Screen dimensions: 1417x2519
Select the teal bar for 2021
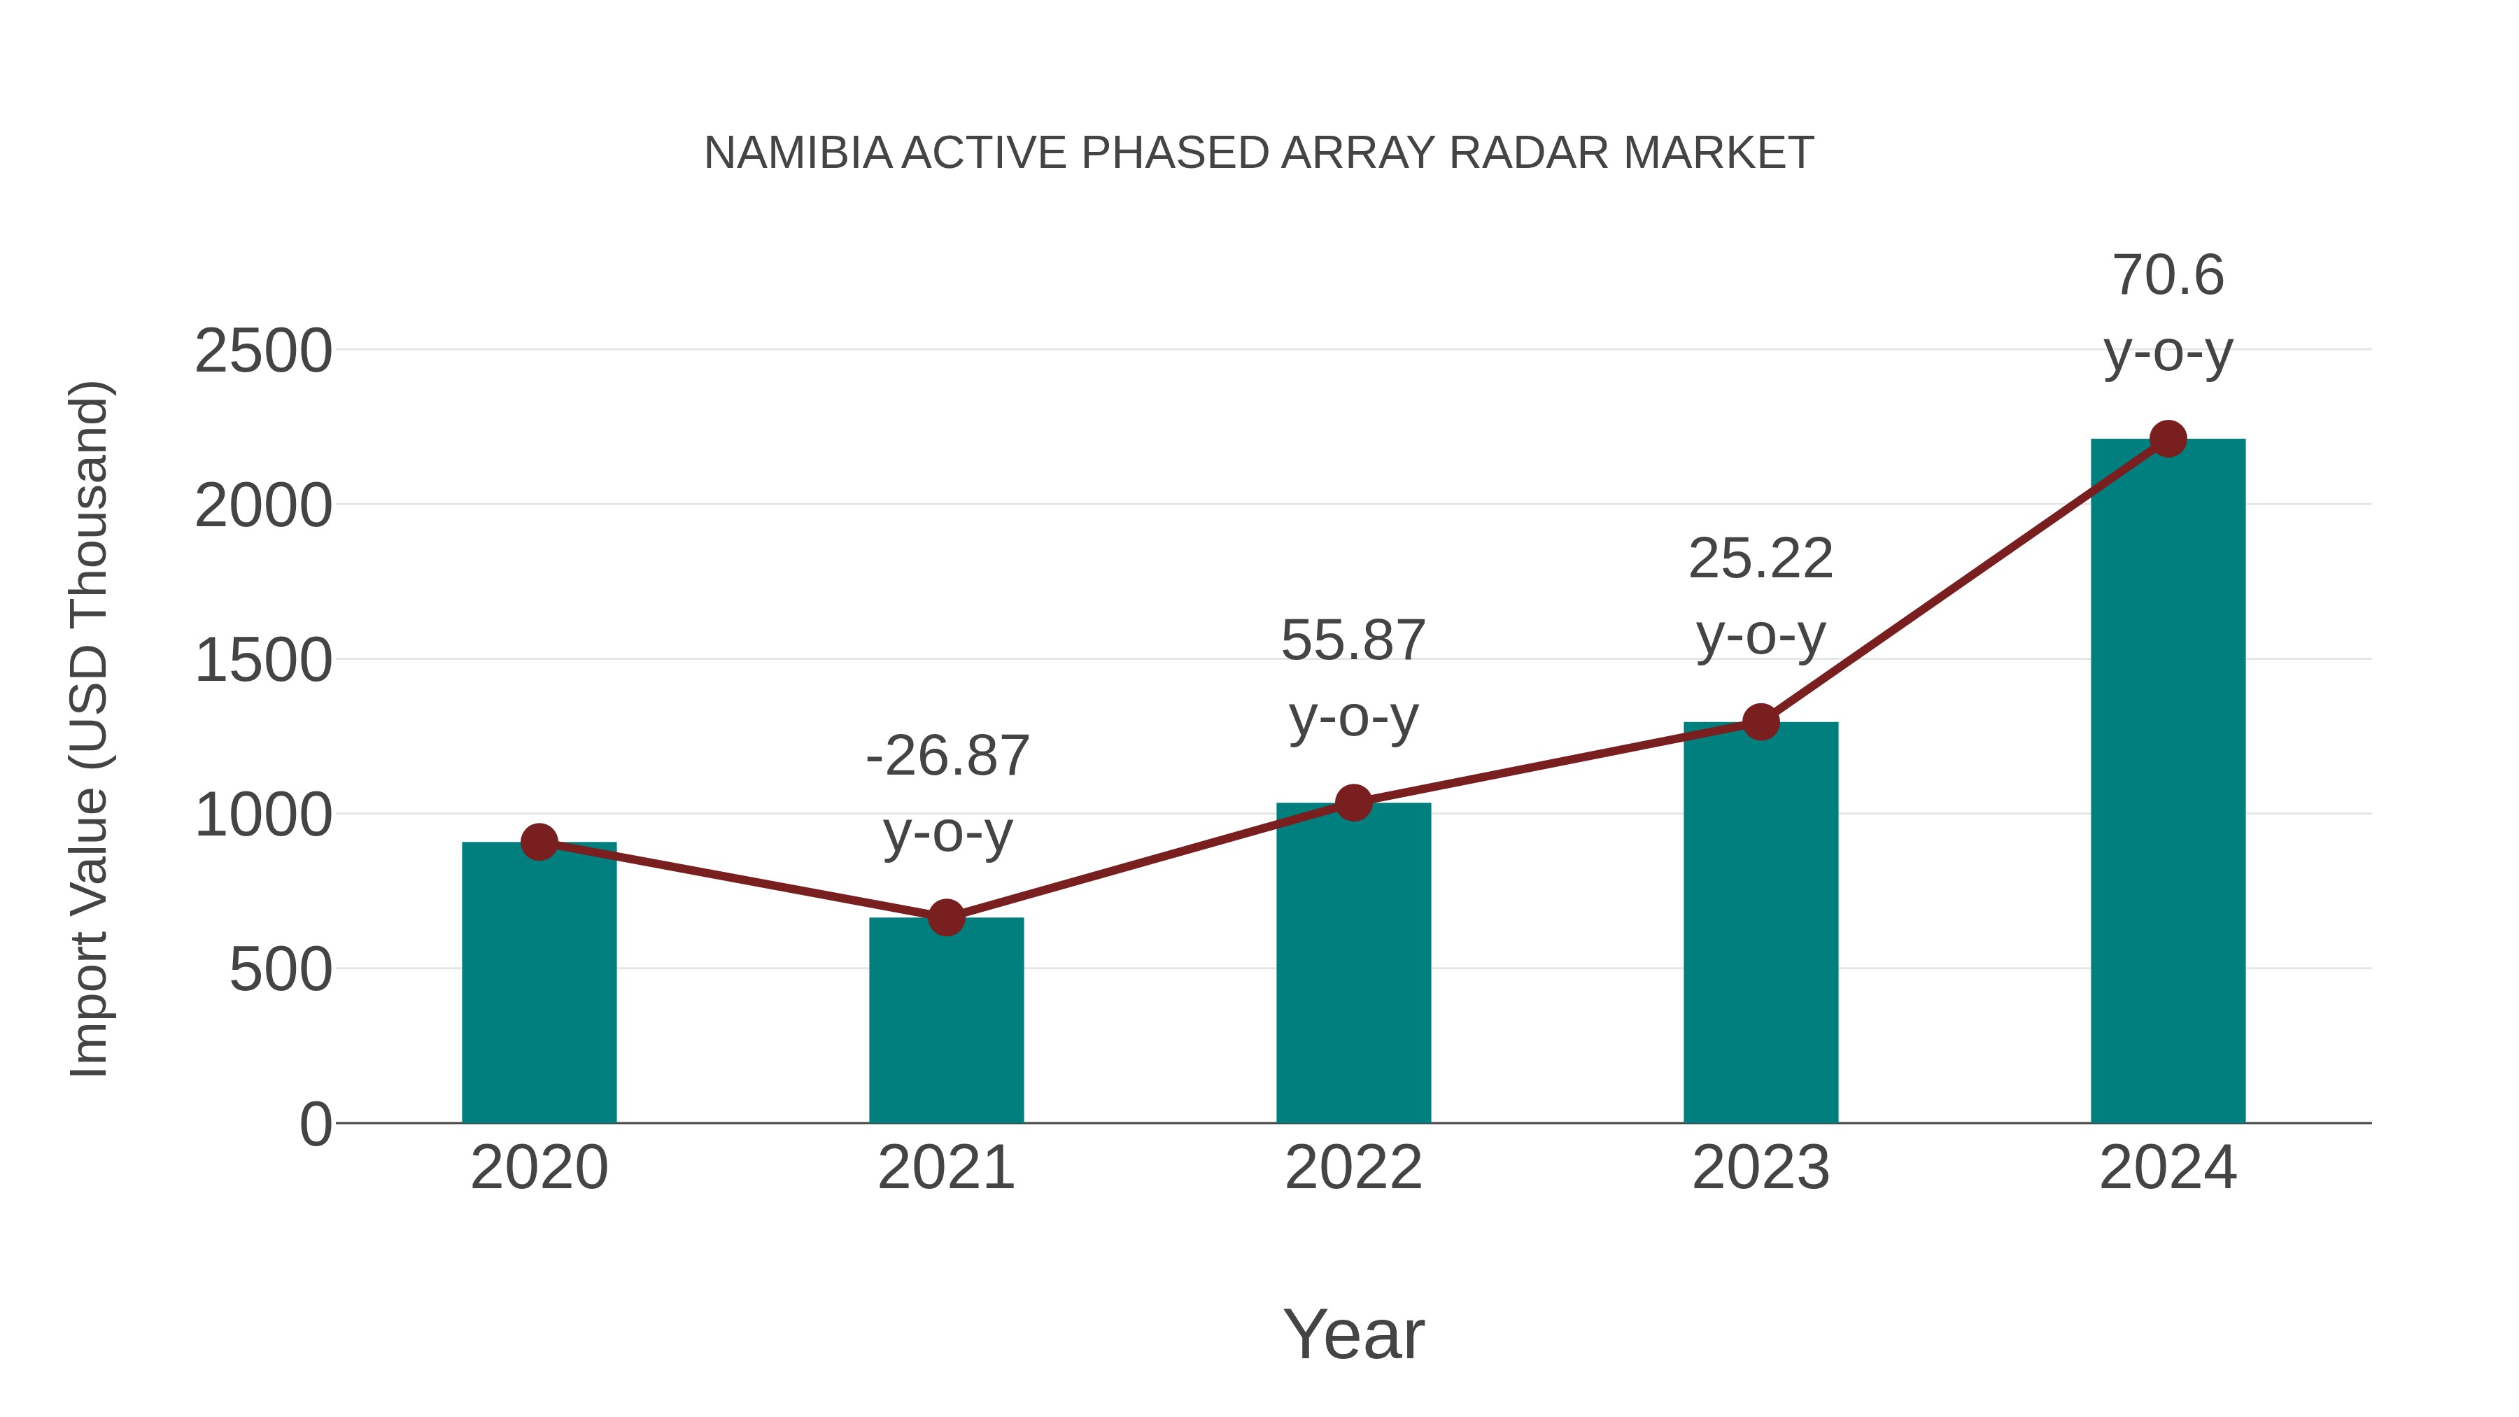945,1022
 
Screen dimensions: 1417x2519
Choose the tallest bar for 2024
2168,782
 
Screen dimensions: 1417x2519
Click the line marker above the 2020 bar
539,842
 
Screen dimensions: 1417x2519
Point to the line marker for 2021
945,918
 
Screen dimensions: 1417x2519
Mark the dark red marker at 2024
2168,439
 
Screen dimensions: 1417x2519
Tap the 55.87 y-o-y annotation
1353,679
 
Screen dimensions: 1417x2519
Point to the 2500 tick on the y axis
263,351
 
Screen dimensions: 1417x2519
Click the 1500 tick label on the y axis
263,661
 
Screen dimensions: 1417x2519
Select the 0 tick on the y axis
315,1125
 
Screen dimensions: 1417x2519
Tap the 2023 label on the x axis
1761,1168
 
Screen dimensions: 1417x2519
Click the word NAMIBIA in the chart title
797,153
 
